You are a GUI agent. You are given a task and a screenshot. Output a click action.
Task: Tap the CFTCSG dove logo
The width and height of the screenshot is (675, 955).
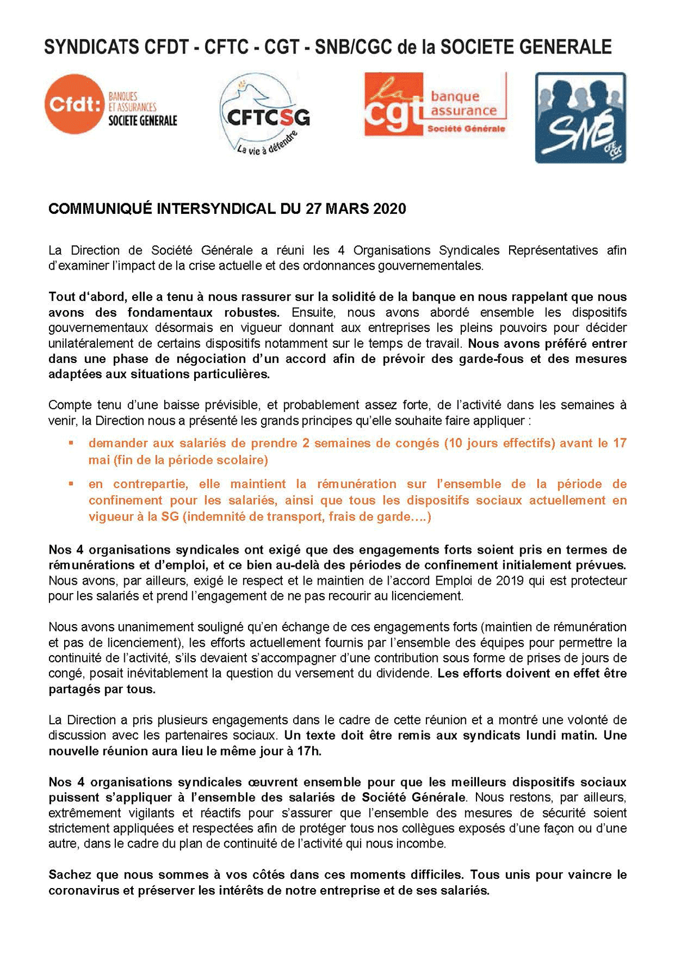pyautogui.click(x=263, y=115)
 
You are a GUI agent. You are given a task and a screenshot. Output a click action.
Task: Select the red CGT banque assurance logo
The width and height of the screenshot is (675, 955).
pyautogui.click(x=435, y=104)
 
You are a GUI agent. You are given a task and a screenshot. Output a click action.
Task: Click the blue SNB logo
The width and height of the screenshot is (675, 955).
pyautogui.click(x=580, y=118)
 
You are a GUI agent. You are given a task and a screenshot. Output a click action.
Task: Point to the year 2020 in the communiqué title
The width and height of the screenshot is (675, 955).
pyautogui.click(x=389, y=209)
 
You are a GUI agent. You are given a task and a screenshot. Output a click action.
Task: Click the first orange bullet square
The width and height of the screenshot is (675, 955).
pyautogui.click(x=71, y=443)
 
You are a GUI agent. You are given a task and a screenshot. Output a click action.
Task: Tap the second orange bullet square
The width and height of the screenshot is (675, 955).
pyautogui.click(x=71, y=483)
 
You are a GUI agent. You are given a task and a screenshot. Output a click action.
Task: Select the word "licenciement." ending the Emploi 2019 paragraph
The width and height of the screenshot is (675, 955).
pyautogui.click(x=431, y=596)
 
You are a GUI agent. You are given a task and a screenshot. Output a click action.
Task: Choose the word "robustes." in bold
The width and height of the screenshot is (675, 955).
pyautogui.click(x=252, y=312)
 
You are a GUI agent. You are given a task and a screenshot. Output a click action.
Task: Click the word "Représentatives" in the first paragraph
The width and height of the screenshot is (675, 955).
pyautogui.click(x=553, y=250)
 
